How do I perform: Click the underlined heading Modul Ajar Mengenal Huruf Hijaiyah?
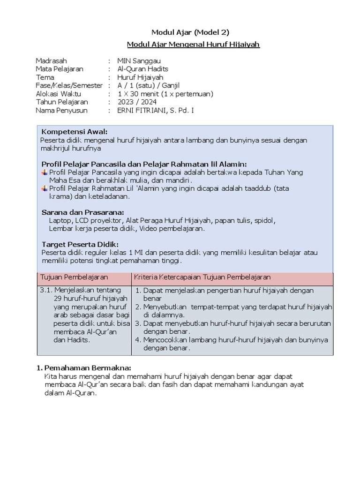193,45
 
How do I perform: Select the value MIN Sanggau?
142,60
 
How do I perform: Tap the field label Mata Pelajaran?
59,69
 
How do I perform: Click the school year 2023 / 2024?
137,102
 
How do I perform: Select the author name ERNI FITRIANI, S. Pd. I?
162,110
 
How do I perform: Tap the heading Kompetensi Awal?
75,132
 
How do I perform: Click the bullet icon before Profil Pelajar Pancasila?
44,172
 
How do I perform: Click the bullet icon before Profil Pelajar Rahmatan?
44,189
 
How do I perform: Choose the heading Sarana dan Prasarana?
82,212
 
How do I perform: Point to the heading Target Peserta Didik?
80,244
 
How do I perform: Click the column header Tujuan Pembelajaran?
74,277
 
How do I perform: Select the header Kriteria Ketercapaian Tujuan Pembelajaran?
202,277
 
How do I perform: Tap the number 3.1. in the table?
48,290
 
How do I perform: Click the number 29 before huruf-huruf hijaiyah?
58,299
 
